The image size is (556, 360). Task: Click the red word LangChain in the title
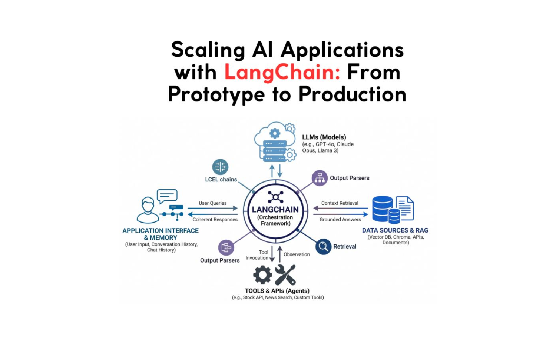[282, 72]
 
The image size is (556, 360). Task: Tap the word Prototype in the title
[216, 94]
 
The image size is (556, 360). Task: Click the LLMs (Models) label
[324, 137]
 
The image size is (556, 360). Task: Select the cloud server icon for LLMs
[275, 142]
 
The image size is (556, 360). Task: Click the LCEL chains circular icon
[220, 167]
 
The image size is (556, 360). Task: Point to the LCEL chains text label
[221, 180]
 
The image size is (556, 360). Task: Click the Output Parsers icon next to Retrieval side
[320, 178]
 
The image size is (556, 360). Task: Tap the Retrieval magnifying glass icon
[323, 246]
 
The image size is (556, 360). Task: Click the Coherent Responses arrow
[213, 214]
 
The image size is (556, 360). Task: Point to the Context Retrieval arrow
[340, 208]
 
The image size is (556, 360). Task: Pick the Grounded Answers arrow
[340, 214]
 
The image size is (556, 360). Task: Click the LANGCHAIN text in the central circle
[275, 210]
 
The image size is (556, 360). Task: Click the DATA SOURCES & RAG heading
[395, 230]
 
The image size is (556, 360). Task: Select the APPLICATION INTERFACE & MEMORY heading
[160, 234]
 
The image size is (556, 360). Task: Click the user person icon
[147, 210]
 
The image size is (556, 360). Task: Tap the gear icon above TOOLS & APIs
[262, 275]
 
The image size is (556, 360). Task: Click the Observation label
[297, 254]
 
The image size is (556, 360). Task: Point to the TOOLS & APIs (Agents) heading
[277, 291]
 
